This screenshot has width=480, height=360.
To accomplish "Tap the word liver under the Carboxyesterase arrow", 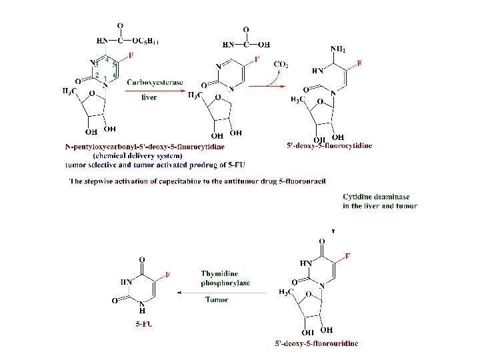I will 149,97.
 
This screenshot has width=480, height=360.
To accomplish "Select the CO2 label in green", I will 281,65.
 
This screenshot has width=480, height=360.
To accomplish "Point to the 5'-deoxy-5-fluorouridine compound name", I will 316,343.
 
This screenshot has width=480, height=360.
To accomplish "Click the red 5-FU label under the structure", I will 142,324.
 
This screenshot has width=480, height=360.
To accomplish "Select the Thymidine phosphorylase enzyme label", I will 225,278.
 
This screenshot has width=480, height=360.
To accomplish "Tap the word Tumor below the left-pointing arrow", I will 217,299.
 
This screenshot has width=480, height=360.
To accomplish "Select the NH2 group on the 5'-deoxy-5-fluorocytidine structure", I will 338,49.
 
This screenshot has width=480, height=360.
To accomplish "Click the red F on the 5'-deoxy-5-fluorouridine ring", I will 347,257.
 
